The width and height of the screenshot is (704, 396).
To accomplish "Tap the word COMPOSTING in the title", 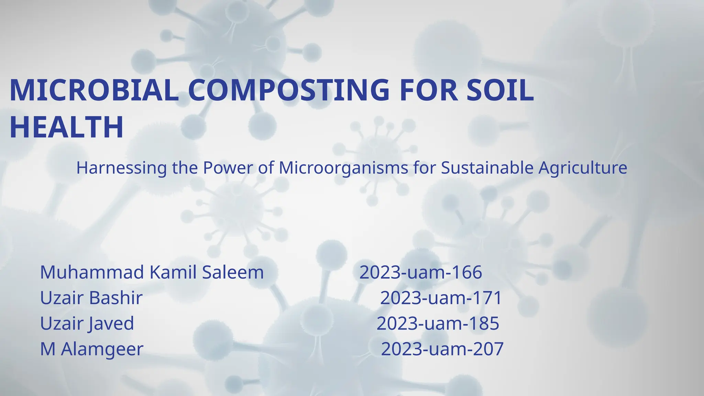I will coord(289,90).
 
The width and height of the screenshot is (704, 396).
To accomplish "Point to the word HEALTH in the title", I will coord(66,127).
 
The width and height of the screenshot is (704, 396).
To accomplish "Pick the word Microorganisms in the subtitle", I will coord(343,168).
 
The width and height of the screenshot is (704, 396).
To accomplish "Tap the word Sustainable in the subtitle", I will coord(487,168).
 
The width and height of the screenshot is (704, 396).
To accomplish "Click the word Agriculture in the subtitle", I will coord(583,168).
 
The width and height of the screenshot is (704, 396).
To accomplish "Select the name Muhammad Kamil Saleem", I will coord(152,272).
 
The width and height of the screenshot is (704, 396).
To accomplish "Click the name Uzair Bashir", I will coord(91,298).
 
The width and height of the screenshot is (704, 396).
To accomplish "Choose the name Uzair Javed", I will coord(87,323).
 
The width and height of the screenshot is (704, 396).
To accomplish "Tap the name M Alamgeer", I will coord(91,349).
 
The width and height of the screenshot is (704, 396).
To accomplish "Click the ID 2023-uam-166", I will coord(420,272).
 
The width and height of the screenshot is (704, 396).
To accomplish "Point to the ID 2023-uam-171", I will coord(441,298).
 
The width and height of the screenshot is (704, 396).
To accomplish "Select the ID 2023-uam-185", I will coord(438,323).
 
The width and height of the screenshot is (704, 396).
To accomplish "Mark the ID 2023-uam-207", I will coord(442,349).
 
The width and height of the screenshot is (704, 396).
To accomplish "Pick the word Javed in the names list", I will coord(111,323).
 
